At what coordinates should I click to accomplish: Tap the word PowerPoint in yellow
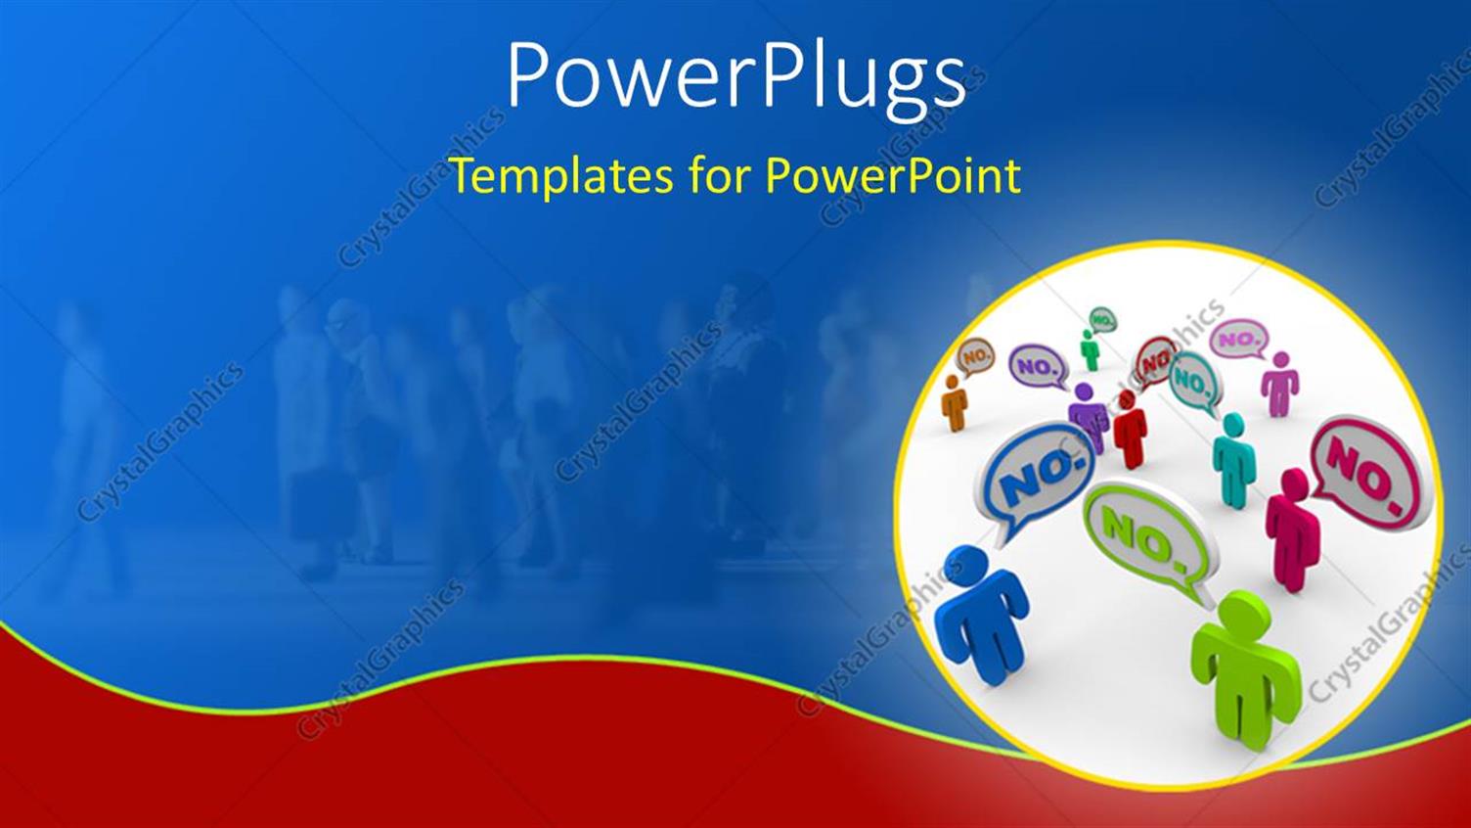pyautogui.click(x=892, y=176)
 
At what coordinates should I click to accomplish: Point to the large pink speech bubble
pyautogui.click(x=1367, y=472)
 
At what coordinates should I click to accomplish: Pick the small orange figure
pyautogui.click(x=954, y=401)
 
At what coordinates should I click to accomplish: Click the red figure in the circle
pyautogui.click(x=1130, y=431)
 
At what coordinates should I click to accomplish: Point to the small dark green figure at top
pyautogui.click(x=1089, y=349)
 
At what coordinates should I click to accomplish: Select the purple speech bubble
pyautogui.click(x=1037, y=367)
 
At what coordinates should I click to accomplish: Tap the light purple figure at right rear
pyautogui.click(x=1279, y=384)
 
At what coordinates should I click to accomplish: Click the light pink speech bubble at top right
pyautogui.click(x=1239, y=339)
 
